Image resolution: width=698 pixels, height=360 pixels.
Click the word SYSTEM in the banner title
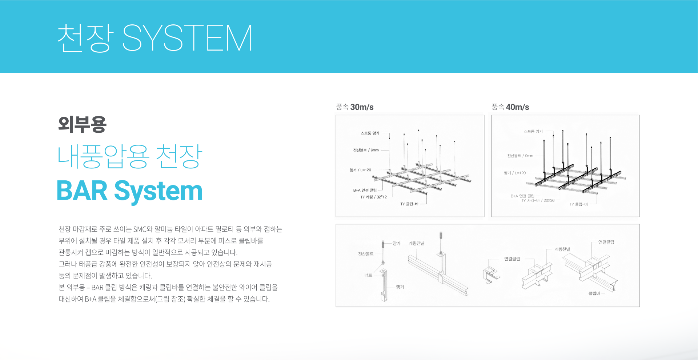click(187, 38)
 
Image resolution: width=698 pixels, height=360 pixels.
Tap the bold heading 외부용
click(82, 124)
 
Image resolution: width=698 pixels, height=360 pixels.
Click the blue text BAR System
click(129, 191)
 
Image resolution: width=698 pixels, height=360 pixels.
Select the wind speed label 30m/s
click(362, 107)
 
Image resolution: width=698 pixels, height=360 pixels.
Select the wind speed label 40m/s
click(517, 107)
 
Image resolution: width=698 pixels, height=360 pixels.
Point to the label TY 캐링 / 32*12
click(373, 197)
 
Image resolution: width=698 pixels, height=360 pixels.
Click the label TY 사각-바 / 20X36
click(538, 200)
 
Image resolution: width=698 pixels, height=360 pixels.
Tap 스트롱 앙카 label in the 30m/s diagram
click(370, 133)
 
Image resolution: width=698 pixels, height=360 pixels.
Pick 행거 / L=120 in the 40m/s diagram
click(514, 173)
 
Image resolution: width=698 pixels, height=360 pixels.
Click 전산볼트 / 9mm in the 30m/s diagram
click(366, 150)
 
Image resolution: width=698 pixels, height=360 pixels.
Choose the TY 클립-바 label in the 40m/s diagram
click(578, 204)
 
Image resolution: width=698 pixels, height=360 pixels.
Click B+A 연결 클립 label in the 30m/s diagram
click(365, 190)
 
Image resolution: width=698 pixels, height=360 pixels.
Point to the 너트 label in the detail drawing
click(368, 275)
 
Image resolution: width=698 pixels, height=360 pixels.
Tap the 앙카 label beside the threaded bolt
click(396, 243)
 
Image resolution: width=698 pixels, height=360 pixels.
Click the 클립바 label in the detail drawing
click(594, 293)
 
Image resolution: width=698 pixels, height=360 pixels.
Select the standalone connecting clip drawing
click(491, 275)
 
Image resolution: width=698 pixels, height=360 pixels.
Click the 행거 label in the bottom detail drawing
click(400, 287)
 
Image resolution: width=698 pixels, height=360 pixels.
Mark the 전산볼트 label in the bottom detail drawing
click(366, 254)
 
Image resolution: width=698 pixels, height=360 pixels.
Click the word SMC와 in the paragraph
click(143, 229)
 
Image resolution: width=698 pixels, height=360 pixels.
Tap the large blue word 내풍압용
click(103, 156)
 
